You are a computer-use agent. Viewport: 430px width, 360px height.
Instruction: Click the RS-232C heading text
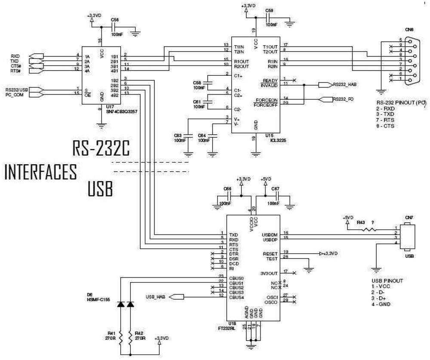tap(101, 149)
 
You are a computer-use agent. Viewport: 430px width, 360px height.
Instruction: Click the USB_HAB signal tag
tap(156, 296)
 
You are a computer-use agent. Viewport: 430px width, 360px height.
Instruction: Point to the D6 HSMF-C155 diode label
tap(102, 296)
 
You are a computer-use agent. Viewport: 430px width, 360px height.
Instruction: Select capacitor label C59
tap(269, 10)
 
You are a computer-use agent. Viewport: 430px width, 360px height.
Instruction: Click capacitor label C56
tap(114, 20)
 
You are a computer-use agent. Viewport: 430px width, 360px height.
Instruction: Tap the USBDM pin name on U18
tap(270, 234)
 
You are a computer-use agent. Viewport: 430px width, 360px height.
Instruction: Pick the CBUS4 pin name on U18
tap(237, 297)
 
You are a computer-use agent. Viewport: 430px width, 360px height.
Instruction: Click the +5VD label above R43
tap(347, 217)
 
